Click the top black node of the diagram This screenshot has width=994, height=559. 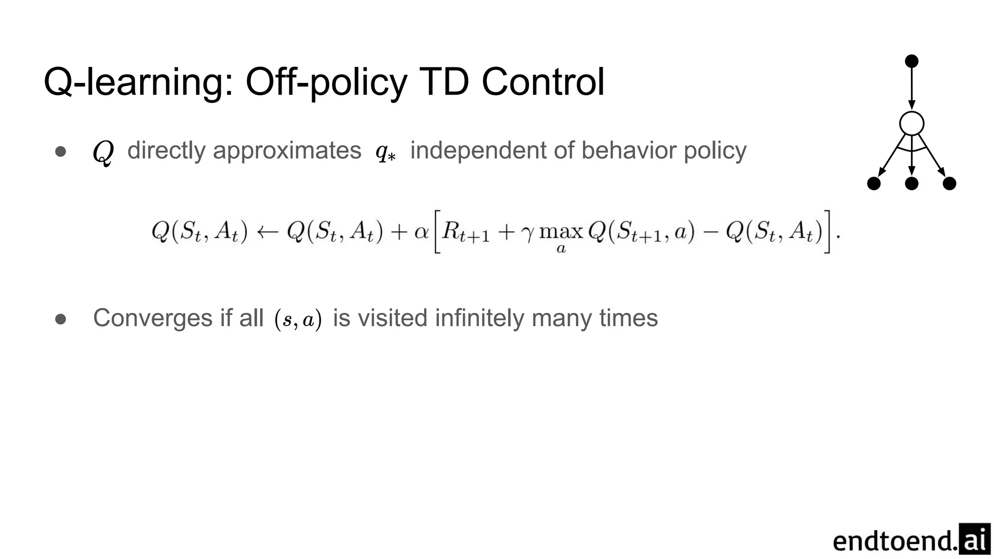pyautogui.click(x=911, y=61)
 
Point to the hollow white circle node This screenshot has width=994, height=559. pyautogui.click(x=911, y=123)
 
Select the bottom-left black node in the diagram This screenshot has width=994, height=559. pyautogui.click(x=874, y=183)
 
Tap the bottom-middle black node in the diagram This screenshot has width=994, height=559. pyautogui.click(x=911, y=183)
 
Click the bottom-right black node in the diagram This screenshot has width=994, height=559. pyautogui.click(x=949, y=183)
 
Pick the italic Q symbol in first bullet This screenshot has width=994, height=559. pyautogui.click(x=103, y=152)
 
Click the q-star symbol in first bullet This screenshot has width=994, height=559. pyautogui.click(x=385, y=152)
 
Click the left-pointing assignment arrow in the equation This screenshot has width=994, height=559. pyautogui.click(x=267, y=232)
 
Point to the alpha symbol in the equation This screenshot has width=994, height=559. pyautogui.click(x=421, y=232)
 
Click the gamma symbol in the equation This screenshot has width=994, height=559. pyautogui.click(x=527, y=234)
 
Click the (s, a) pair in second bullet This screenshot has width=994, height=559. pyautogui.click(x=298, y=320)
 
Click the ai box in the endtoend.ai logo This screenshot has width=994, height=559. pyautogui.click(x=975, y=539)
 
